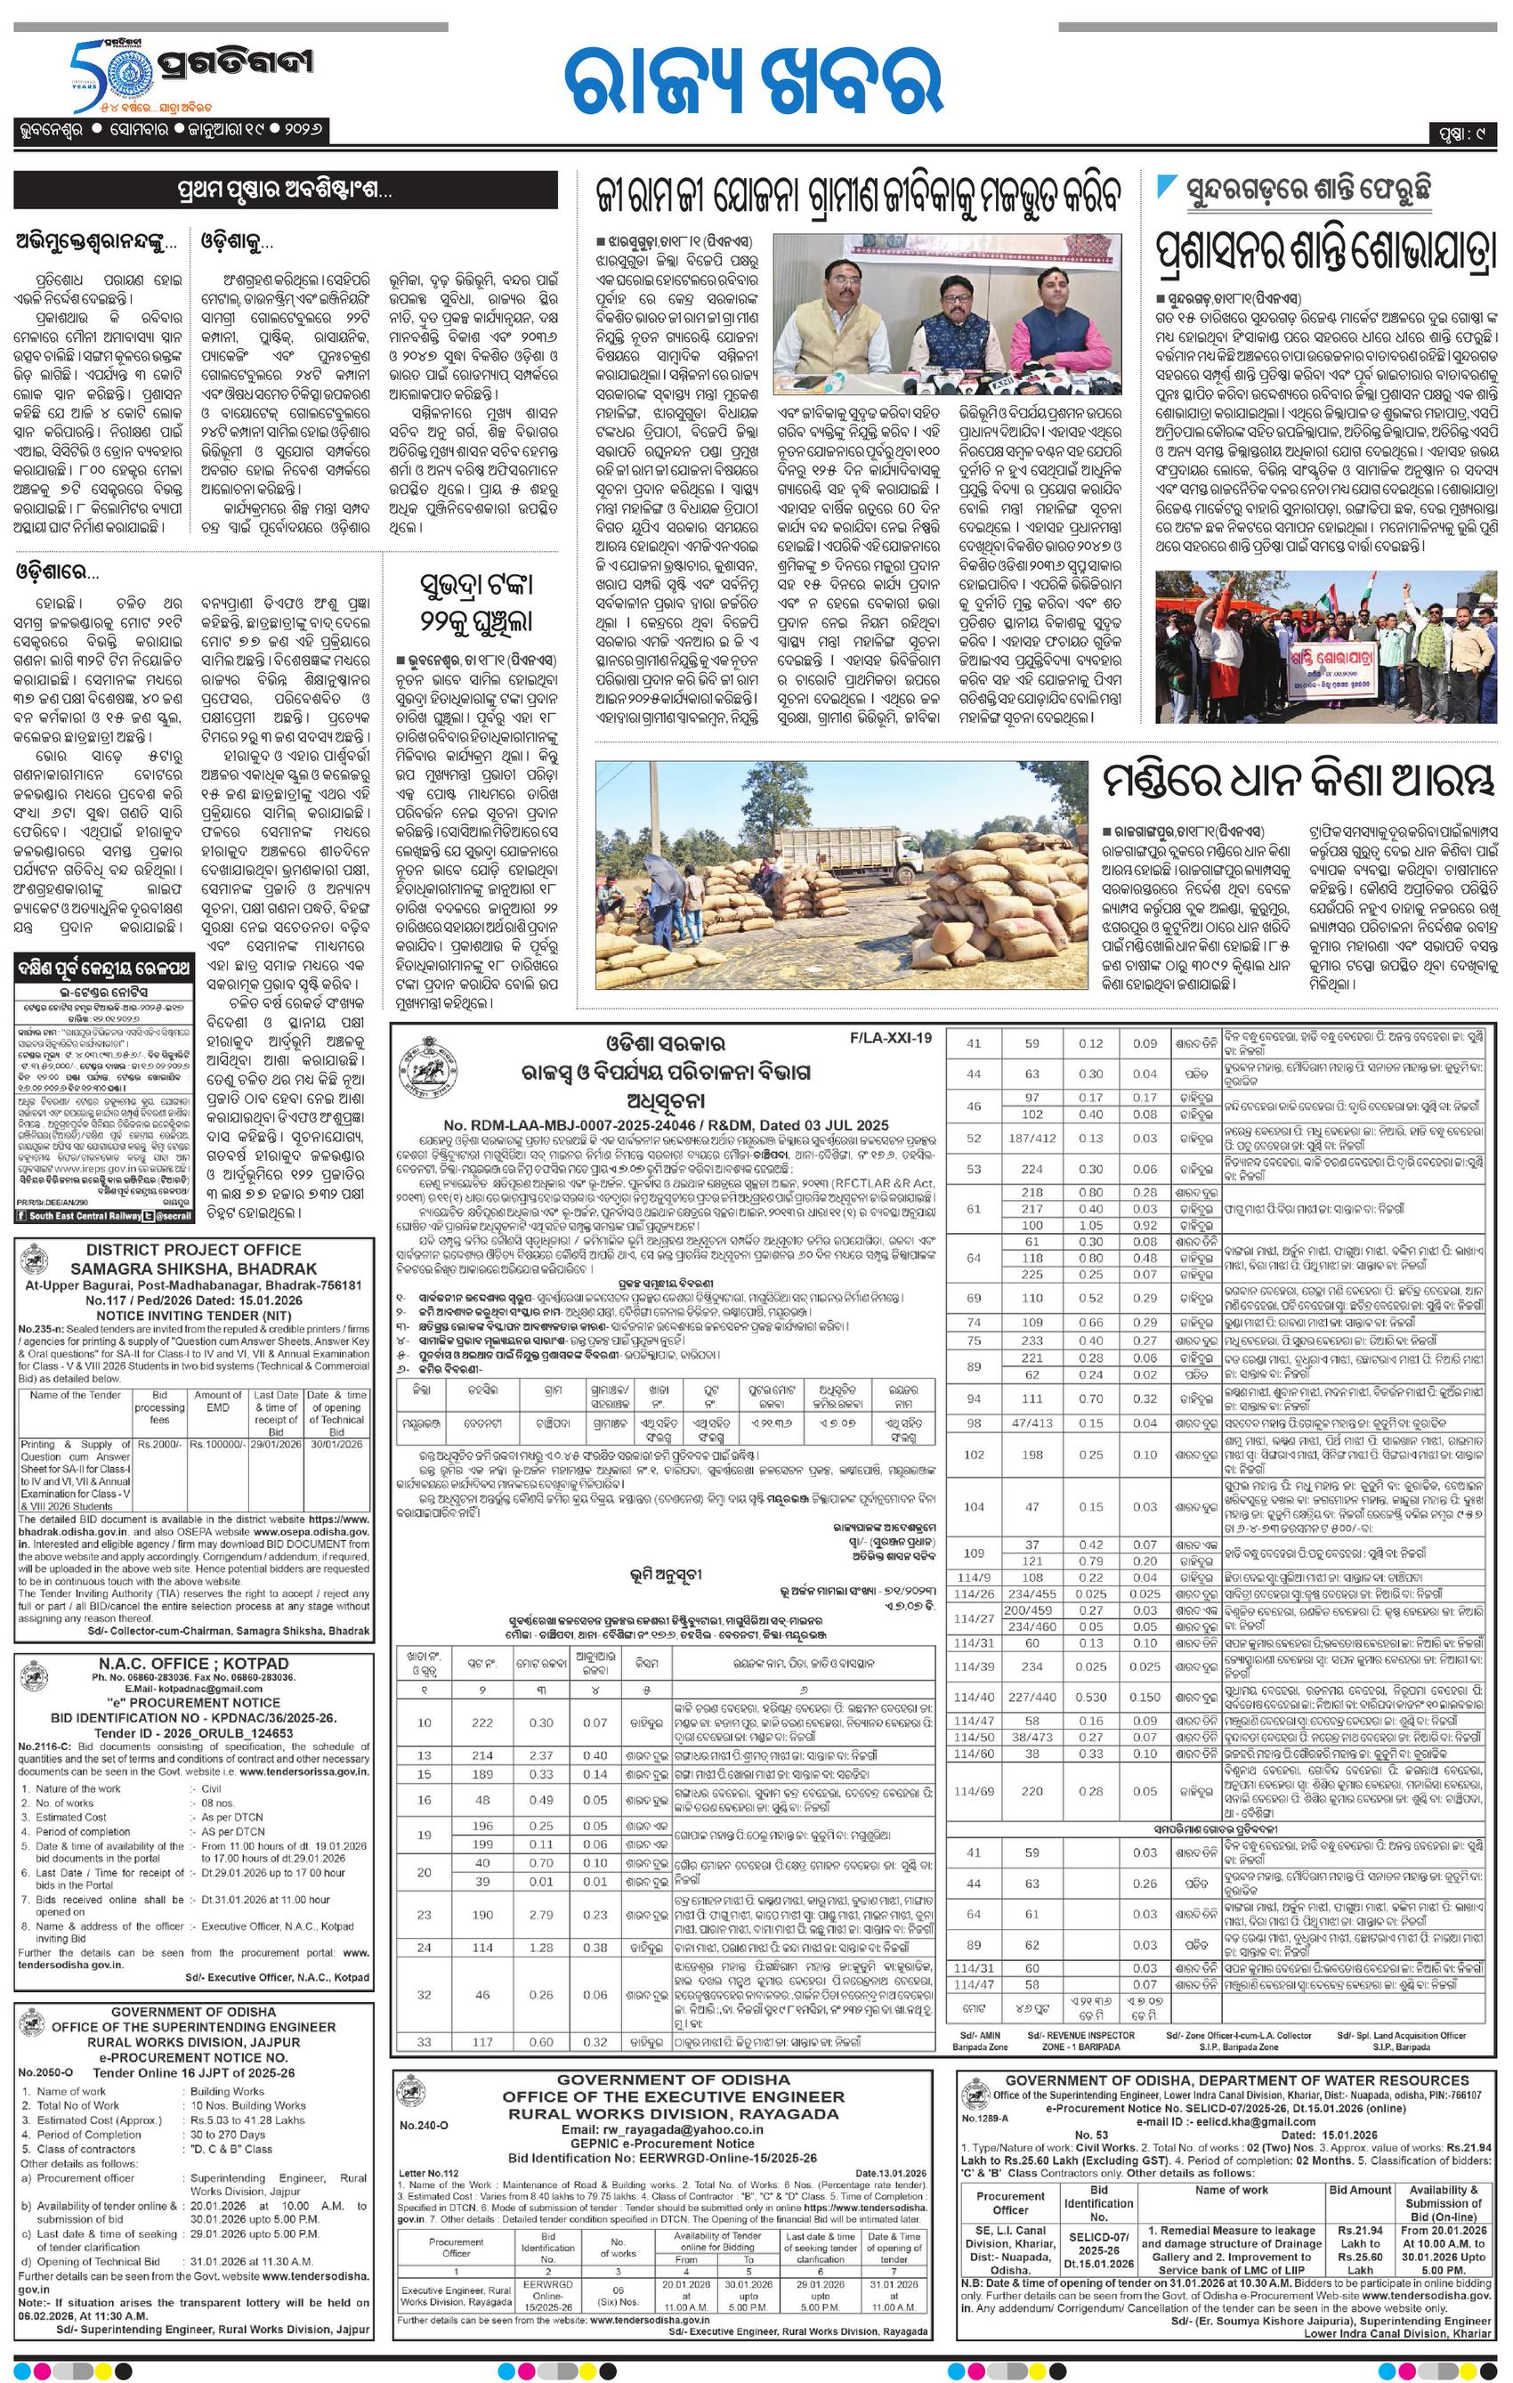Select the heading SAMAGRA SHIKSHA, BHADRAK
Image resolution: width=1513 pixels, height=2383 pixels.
coord(195,1268)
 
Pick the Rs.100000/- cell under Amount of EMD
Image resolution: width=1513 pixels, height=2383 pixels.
coord(219,1444)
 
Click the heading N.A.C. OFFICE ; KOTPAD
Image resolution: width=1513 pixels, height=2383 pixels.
coord(195,1663)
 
